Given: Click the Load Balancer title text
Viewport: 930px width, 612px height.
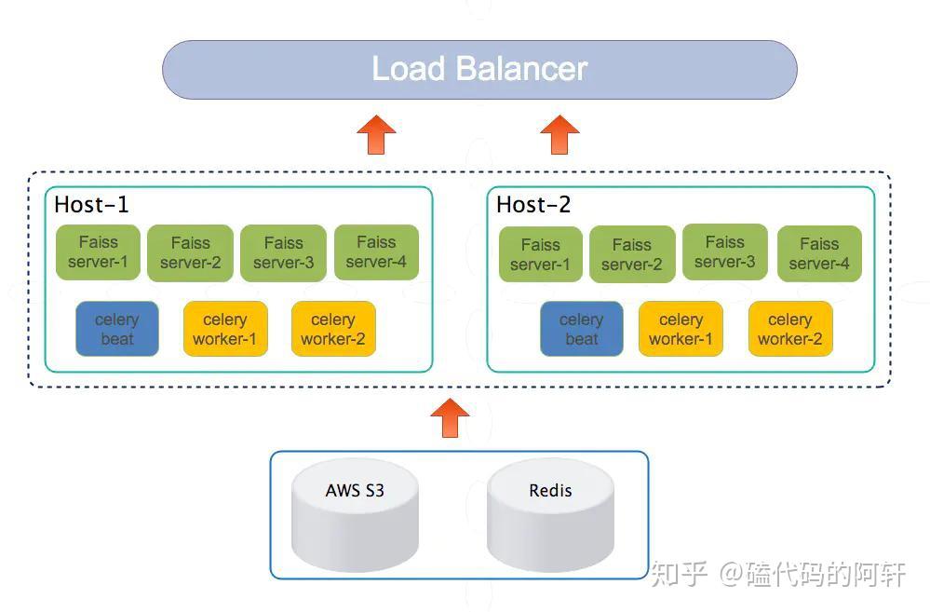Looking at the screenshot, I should (x=479, y=69).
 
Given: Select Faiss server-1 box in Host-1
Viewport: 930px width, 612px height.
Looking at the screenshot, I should (x=98, y=252).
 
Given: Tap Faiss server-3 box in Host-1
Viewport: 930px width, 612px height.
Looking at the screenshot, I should (x=283, y=252).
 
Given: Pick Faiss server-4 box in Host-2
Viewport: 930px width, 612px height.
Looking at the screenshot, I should (x=819, y=253).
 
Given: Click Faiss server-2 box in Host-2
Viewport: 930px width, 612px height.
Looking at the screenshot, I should (x=632, y=254).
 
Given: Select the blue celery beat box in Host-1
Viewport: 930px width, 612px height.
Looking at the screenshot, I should (x=117, y=329).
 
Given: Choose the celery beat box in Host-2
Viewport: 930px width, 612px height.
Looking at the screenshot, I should (x=582, y=329).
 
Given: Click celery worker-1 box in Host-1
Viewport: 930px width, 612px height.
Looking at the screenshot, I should (x=225, y=329).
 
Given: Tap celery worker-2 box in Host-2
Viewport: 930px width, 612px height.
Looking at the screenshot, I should (x=790, y=329).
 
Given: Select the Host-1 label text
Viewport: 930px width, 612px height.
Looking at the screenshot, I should (x=91, y=205).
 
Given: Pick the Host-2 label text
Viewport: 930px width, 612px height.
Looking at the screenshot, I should (x=533, y=205).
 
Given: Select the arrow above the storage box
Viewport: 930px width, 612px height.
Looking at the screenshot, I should (x=451, y=417).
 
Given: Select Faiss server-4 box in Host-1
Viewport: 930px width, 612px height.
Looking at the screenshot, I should (x=376, y=252).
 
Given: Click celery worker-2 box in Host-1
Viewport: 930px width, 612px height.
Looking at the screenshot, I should (x=333, y=329).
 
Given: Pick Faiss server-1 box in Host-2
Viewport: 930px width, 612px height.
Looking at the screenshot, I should (x=541, y=254).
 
